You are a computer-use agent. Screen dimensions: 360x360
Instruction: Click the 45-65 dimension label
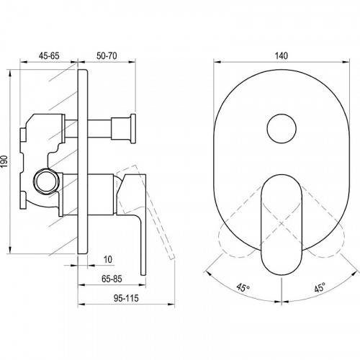[x=49, y=55]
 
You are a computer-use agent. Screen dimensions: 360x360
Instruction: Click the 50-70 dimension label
[x=107, y=55]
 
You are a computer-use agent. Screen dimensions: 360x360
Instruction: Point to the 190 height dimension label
[x=5, y=161]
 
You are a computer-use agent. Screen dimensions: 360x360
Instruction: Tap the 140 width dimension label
[x=281, y=55]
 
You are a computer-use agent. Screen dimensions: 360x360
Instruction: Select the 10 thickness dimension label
[x=108, y=259]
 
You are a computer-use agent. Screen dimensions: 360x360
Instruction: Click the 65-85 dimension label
[x=112, y=279]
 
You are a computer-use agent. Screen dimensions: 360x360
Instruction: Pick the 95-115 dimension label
[x=126, y=298]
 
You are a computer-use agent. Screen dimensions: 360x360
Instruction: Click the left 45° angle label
[x=243, y=287]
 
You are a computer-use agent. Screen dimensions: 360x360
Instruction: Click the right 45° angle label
[x=320, y=287]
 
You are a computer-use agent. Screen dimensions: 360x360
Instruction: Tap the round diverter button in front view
[x=282, y=128]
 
